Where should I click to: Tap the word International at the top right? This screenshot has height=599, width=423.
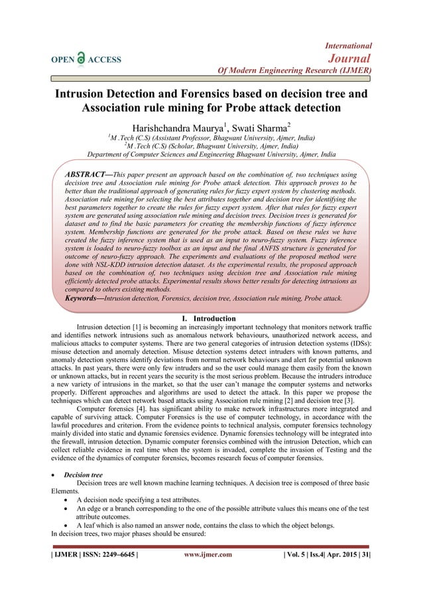[x=348, y=45]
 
